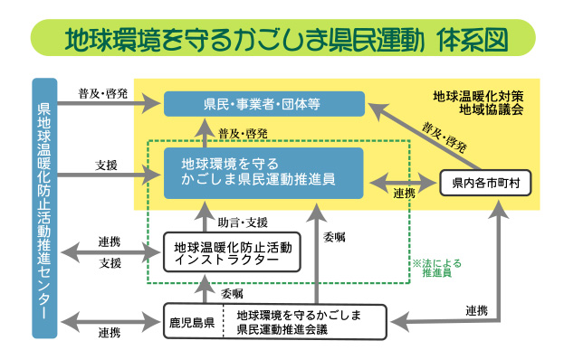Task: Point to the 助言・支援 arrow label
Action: pos(243,222)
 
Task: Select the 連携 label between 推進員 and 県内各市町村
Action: pos(404,193)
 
